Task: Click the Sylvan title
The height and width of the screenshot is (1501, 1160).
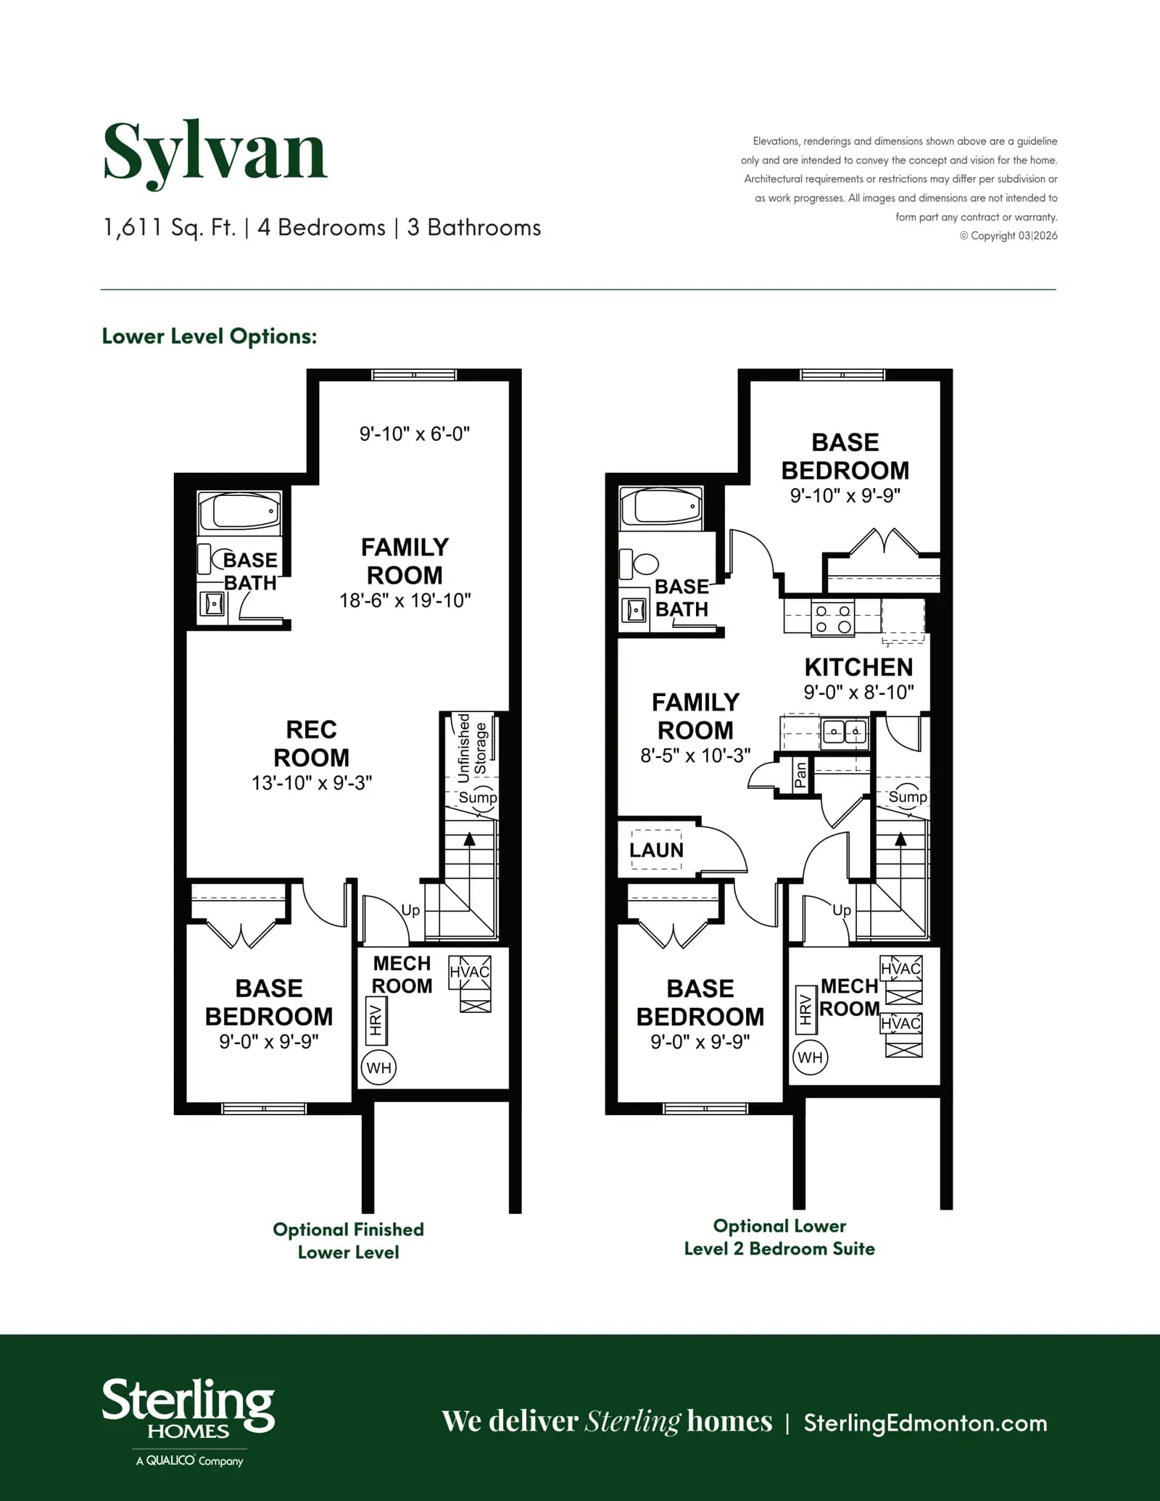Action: point(215,153)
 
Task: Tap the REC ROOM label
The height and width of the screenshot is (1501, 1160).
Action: point(311,743)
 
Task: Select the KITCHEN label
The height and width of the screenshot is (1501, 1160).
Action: point(858,667)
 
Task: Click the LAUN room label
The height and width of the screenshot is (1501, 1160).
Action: point(656,850)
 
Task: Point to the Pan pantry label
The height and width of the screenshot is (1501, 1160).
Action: point(800,774)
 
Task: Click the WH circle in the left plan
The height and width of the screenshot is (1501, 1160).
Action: point(378,1067)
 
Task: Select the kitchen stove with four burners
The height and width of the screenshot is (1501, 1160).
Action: point(833,619)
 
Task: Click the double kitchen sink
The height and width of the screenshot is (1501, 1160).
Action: point(845,732)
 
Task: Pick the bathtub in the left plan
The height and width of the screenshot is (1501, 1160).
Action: point(239,512)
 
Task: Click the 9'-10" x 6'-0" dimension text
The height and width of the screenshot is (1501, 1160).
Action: point(415,434)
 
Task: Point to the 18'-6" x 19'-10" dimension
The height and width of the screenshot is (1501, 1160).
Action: point(405,600)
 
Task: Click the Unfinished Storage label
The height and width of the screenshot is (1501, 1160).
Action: point(472,748)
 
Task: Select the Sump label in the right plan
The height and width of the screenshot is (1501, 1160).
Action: point(908,797)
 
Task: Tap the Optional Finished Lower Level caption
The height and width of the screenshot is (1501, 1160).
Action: point(349,1241)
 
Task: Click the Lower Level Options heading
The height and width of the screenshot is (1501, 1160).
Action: point(210,336)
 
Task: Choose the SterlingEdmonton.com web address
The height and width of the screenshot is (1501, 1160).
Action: point(925,1423)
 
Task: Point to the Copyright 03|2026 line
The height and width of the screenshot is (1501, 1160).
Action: point(1008,236)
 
